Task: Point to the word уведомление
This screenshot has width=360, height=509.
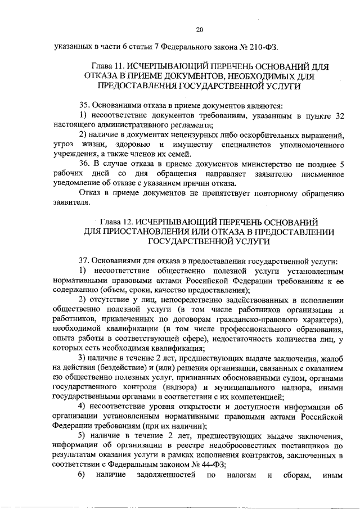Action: tap(75, 183)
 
